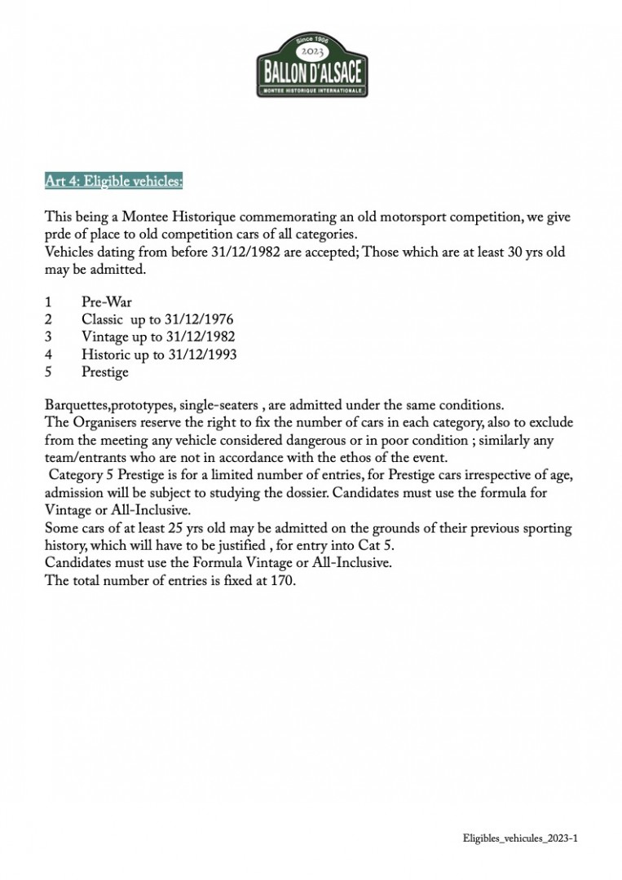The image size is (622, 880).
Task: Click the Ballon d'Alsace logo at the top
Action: coord(313,66)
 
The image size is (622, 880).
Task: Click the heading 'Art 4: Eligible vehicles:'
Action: coord(114,181)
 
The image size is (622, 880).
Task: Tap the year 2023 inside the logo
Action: coord(313,51)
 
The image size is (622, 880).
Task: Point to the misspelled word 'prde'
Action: coord(59,235)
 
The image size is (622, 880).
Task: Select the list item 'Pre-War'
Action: coord(107,302)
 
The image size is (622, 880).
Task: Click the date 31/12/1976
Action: coord(194,319)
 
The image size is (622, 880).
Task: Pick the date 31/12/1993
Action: coord(199,354)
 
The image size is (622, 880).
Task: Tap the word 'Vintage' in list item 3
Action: coord(104,337)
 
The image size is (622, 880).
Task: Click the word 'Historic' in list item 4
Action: coord(105,354)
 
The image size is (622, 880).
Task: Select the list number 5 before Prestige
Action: coord(49,372)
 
